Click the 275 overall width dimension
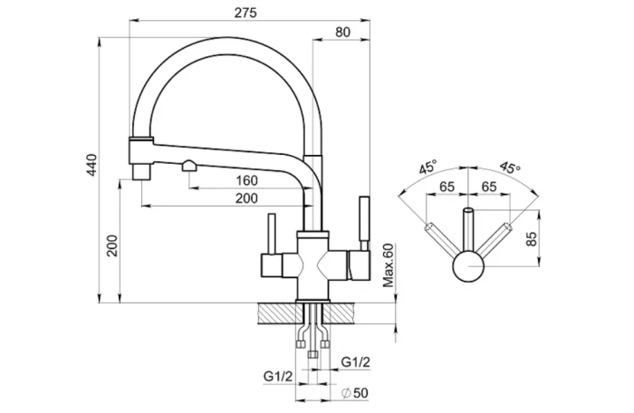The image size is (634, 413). tap(245, 13)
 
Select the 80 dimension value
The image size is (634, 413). tap(342, 32)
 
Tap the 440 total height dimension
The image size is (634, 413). tap(92, 165)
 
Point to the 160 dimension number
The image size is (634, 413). tap(246, 180)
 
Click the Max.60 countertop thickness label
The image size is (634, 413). tap(389, 265)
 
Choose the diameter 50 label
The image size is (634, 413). tap(355, 393)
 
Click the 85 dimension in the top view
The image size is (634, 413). tap(532, 239)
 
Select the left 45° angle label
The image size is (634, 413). tap(427, 167)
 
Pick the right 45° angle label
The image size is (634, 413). tap(510, 167)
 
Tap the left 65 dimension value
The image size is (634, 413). tap(447, 187)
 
